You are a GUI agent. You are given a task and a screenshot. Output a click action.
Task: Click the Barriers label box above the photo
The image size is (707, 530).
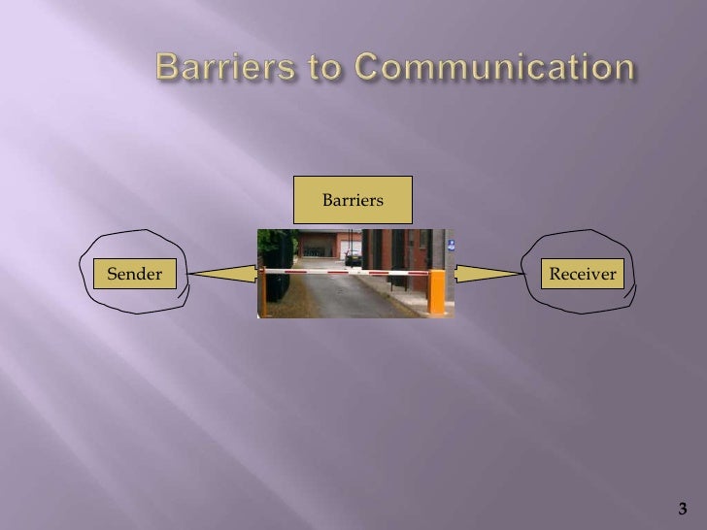[353, 200]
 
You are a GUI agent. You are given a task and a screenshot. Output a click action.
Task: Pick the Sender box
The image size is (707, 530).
[134, 275]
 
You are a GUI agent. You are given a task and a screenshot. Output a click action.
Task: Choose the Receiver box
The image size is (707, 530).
[583, 275]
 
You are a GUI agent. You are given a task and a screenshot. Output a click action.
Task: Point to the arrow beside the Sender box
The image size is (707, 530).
[223, 275]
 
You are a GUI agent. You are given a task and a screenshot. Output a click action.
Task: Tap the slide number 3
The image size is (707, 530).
[682, 509]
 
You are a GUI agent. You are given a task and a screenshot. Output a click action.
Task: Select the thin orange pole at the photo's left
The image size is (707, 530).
[263, 291]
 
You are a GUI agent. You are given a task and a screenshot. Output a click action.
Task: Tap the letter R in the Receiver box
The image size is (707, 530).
[555, 275]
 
